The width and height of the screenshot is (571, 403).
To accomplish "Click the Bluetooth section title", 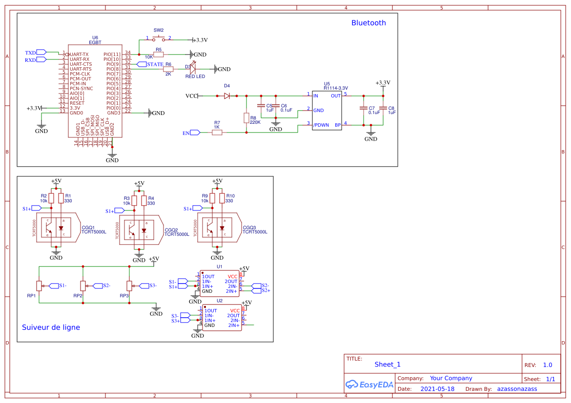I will pyautogui.click(x=368, y=23).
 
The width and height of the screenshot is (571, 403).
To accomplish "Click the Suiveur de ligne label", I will pyautogui.click(x=51, y=327).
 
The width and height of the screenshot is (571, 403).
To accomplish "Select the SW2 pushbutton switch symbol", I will pyautogui.click(x=159, y=38).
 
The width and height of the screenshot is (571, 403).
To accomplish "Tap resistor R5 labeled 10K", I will pyautogui.click(x=158, y=54).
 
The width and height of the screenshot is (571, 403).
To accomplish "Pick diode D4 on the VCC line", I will pyautogui.click(x=227, y=96).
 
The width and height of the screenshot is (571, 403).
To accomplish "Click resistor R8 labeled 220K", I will pyautogui.click(x=246, y=118).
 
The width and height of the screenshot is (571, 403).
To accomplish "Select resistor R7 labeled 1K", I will pyautogui.click(x=217, y=132).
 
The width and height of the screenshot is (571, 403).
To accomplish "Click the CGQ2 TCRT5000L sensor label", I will pyautogui.click(x=177, y=232).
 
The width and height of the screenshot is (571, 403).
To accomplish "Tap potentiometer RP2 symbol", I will pyautogui.click(x=83, y=286).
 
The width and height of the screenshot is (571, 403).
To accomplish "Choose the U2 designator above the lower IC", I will pyautogui.click(x=220, y=301).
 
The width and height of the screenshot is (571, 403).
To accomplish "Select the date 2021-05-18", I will pyautogui.click(x=437, y=389).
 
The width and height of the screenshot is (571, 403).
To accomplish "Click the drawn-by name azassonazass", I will pyautogui.click(x=517, y=389).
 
